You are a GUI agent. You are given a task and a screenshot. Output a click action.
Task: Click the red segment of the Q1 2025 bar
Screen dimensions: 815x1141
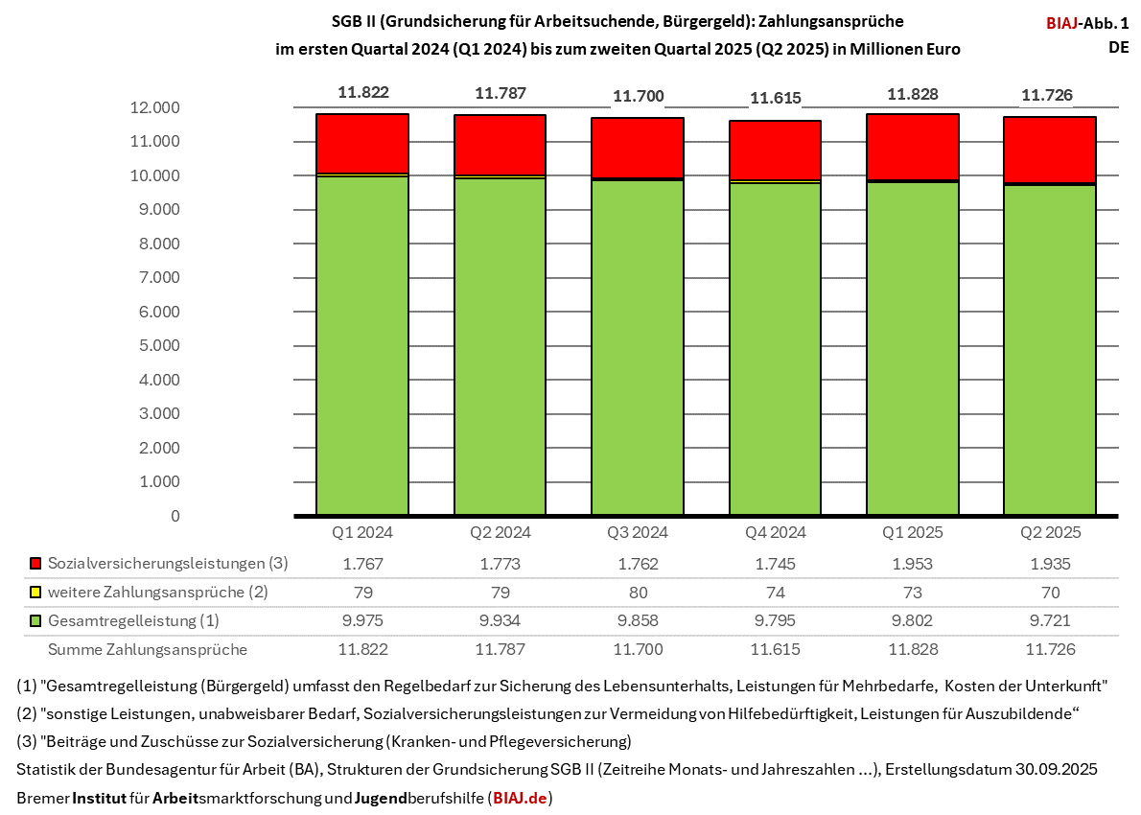pyautogui.click(x=913, y=147)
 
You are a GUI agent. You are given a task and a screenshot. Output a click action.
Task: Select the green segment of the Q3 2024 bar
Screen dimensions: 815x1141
pyautogui.click(x=638, y=345)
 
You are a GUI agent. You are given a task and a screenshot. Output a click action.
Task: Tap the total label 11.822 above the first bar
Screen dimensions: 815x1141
pyautogui.click(x=362, y=93)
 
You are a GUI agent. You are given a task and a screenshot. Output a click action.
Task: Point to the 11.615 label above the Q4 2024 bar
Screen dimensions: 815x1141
pyautogui.click(x=775, y=98)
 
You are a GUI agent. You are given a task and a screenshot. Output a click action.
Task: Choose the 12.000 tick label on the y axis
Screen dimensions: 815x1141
pyautogui.click(x=153, y=107)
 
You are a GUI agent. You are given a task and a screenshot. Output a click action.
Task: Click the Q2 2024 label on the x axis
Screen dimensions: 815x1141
pyautogui.click(x=500, y=532)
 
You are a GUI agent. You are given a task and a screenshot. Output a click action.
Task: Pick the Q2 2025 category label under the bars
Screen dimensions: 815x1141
pyautogui.click(x=1050, y=532)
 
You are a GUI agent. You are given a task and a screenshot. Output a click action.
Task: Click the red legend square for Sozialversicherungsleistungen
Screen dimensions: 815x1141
pyautogui.click(x=36, y=564)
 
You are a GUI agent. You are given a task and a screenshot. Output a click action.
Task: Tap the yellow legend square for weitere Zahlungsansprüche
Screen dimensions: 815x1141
pyautogui.click(x=36, y=593)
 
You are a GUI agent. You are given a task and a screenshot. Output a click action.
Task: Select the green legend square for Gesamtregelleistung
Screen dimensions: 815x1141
pyautogui.click(x=36, y=621)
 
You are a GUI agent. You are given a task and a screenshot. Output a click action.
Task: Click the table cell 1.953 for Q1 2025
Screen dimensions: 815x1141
pyautogui.click(x=912, y=564)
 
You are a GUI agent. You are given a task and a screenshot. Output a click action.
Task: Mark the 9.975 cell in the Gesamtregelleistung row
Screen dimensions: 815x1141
pyautogui.click(x=362, y=621)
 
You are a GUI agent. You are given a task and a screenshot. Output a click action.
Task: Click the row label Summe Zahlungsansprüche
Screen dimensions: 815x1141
pyautogui.click(x=148, y=649)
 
